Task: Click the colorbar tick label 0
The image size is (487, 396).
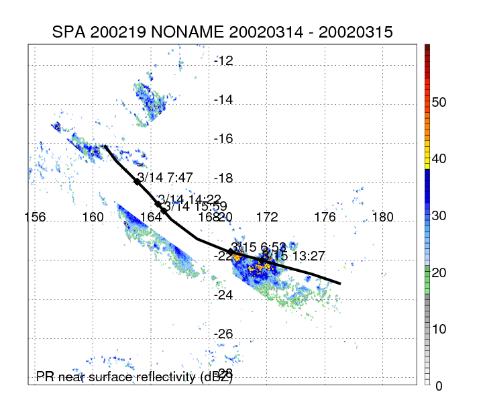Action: pos(439,386)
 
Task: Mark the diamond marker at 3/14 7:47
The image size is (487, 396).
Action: pos(138,181)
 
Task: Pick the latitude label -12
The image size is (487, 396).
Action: pos(223,61)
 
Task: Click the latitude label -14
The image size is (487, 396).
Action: pos(223,100)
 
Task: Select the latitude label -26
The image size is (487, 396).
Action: pos(223,334)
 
